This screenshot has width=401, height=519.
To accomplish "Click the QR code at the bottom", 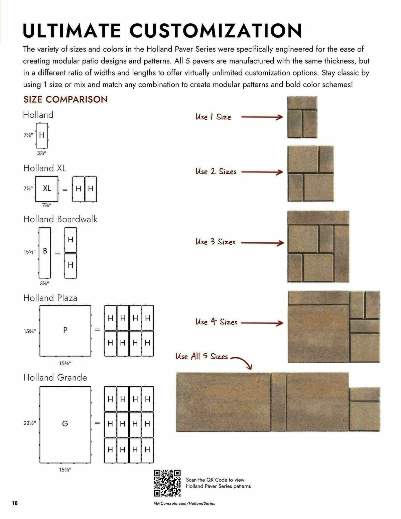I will tap(167, 483).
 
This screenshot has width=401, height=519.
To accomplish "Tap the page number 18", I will tap(15, 503).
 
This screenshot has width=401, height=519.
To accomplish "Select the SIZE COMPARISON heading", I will tap(65, 99).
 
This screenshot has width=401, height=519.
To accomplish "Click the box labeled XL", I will tap(46, 189).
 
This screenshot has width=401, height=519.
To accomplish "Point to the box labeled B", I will tap(45, 252).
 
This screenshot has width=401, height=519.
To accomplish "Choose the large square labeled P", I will tap(65, 331).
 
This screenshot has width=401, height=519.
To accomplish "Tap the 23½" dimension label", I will tap(29, 423).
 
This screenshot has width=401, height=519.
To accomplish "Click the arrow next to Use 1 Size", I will tap(262, 117).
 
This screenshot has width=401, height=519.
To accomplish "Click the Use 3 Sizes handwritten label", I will tap(215, 242).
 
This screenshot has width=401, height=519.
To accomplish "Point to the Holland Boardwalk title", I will tap(60, 219).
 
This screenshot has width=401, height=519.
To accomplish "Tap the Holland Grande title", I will tap(55, 378).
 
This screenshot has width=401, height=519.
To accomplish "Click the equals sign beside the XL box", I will tap(65, 189).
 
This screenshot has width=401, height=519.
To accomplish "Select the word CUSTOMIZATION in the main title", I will tap(216, 31).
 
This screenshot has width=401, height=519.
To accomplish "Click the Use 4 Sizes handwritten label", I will tap(216, 322).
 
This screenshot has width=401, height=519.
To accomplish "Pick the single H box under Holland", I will tap(42, 135).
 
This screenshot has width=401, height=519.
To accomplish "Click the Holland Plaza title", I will tap(50, 298).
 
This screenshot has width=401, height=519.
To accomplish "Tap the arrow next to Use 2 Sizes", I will tap(262, 172).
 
